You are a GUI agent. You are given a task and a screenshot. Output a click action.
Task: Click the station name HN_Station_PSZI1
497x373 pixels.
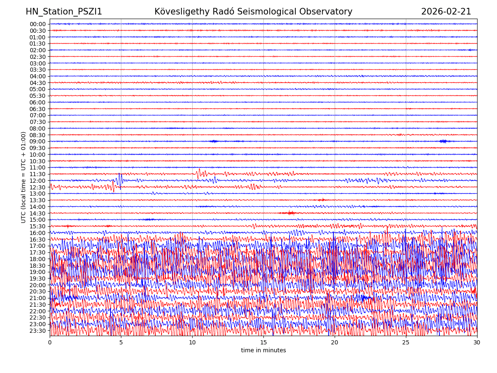click(x=64, y=12)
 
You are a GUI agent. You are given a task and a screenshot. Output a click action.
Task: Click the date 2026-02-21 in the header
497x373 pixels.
click(x=446, y=12)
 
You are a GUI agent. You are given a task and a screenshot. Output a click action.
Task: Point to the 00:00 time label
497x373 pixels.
click(x=38, y=24)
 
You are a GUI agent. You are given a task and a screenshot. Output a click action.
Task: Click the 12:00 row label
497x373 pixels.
click(x=38, y=181)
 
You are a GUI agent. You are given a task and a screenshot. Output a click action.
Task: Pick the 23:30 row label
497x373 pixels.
click(x=38, y=331)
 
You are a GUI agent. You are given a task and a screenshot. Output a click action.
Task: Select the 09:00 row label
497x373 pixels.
click(x=38, y=141)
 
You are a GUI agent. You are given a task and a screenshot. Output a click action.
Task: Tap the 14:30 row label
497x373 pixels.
click(x=38, y=213)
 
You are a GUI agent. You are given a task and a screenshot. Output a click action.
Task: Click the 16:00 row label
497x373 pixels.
click(x=38, y=233)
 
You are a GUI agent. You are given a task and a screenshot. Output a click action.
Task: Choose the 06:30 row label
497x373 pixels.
click(x=38, y=109)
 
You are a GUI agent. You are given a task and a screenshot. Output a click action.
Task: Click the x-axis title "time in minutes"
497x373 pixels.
click(x=263, y=351)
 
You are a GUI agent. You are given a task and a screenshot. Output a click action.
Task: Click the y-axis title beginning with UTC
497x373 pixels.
click(x=24, y=177)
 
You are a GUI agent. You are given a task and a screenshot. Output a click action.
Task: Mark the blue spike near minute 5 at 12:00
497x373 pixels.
click(x=120, y=179)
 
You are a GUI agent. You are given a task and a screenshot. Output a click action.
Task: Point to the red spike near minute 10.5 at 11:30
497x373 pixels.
click(x=199, y=173)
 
